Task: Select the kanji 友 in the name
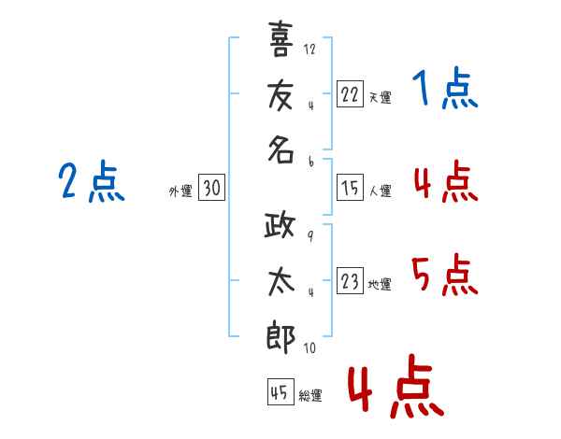tap(281, 94)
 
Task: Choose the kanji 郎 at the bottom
tap(281, 337)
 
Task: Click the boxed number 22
tap(350, 93)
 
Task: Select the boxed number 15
tap(350, 188)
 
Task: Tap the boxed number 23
tap(350, 281)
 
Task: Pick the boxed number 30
tap(211, 188)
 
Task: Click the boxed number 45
tap(279, 393)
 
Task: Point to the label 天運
tap(380, 97)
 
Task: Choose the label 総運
tap(309, 396)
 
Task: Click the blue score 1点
tap(444, 91)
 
